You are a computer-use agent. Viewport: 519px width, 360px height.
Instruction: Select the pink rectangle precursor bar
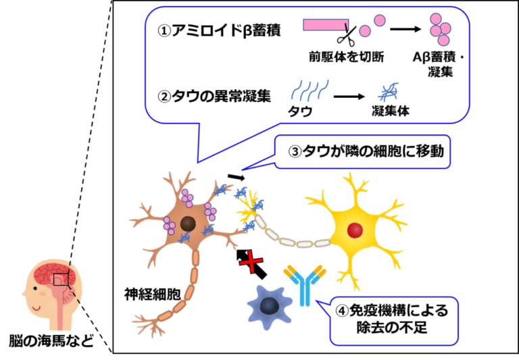pos(326,25)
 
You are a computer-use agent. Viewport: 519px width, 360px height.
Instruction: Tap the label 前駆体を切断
pos(347,57)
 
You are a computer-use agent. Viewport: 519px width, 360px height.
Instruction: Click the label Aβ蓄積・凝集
pos(439,65)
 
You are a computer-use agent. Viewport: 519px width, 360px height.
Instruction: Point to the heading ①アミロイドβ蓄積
pos(219,30)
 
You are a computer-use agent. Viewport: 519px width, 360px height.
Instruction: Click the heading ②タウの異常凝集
pos(214,97)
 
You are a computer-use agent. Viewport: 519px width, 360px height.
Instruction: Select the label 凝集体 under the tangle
pos(391,111)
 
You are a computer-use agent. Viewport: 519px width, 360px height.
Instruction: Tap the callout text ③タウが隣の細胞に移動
pos(366,151)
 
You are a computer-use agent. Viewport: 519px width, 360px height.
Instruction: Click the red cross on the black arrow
pos(251,261)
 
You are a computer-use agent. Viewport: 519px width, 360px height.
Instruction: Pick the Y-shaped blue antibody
pos(305,285)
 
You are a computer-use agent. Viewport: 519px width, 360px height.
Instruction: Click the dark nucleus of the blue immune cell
pos(269,306)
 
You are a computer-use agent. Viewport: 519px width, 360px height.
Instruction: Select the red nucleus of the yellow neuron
pos(355,230)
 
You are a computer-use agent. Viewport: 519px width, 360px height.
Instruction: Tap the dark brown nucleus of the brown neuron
pos(188,224)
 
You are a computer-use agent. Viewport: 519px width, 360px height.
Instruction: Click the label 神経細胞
pos(153,294)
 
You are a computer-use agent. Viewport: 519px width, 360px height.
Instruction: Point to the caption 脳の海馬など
pos(51,341)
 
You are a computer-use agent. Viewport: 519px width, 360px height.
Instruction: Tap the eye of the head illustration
pos(35,288)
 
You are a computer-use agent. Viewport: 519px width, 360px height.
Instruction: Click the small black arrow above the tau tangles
pos(237,177)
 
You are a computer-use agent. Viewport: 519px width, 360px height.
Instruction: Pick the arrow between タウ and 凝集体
pos(349,97)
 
